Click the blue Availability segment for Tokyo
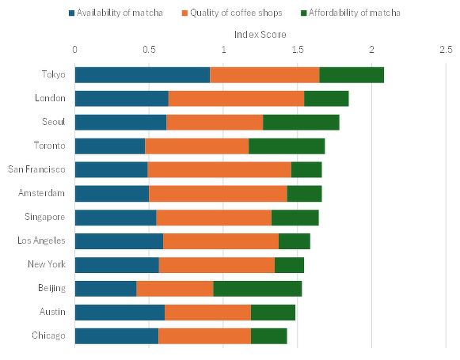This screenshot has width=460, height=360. point(143,75)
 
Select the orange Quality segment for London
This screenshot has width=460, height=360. point(236,99)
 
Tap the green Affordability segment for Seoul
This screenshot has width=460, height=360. point(301,123)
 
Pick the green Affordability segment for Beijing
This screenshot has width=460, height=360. point(257,289)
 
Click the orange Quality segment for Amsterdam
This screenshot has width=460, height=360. point(218,194)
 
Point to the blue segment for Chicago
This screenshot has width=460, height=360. point(116,336)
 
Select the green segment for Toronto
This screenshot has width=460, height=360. point(287,146)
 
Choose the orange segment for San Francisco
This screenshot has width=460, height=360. point(219,170)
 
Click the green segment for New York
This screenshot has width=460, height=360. point(289,265)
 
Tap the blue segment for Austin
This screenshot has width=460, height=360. point(120,313)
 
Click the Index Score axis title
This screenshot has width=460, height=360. point(260,35)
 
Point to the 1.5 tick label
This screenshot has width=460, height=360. point(298,51)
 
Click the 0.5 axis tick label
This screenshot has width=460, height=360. point(149,51)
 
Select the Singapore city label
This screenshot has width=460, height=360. point(48,218)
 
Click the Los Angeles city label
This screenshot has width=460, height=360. point(44,241)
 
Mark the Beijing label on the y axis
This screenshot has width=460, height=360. point(53,289)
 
